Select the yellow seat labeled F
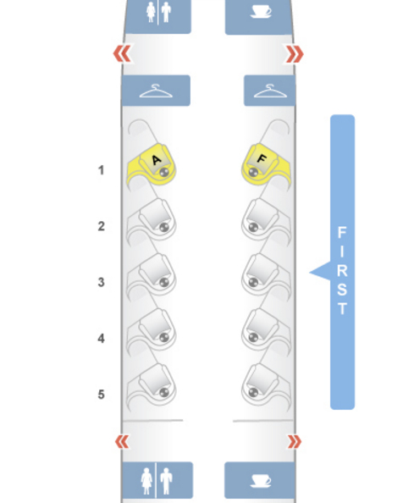(x=266, y=165)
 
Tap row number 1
(x=102, y=170)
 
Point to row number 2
(x=102, y=226)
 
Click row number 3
(x=102, y=282)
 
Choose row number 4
(x=102, y=339)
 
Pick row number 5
(x=102, y=395)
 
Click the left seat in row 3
(x=152, y=275)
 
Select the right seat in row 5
(x=266, y=385)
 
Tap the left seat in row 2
(x=152, y=220)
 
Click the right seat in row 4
(x=266, y=330)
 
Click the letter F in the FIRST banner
(x=342, y=232)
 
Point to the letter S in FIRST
(x=342, y=290)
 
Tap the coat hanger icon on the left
(x=156, y=91)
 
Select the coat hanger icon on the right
(x=270, y=91)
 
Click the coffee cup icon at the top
(x=261, y=12)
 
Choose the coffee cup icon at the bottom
(x=261, y=481)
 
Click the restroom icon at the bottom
(x=157, y=480)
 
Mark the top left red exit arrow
(x=122, y=53)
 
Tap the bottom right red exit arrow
(x=295, y=442)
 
